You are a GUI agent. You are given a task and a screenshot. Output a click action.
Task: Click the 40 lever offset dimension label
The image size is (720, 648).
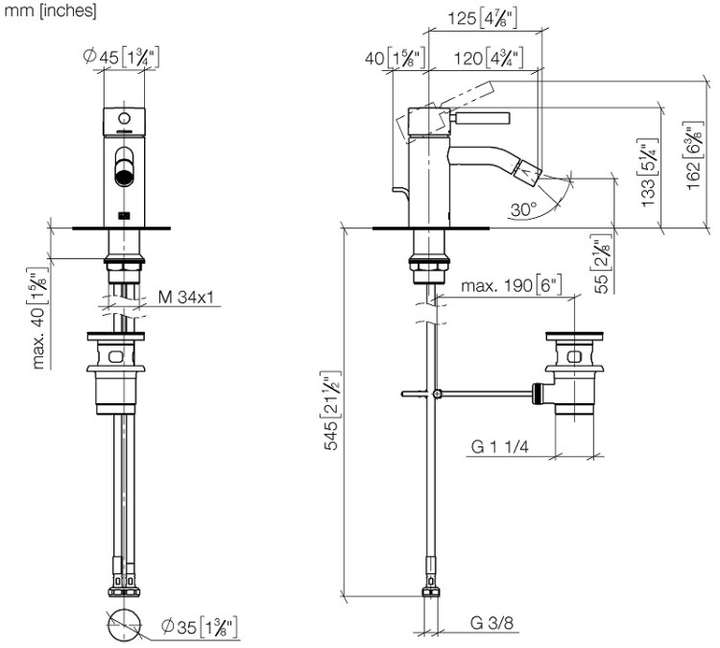[389, 58]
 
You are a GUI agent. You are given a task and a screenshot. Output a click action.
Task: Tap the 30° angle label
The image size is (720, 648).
[522, 207]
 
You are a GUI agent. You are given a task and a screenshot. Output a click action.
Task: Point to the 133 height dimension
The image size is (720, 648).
[649, 178]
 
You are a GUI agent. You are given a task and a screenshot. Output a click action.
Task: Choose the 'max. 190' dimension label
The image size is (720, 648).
[510, 287]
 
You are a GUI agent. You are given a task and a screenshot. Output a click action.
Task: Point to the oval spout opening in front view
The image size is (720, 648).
[123, 167]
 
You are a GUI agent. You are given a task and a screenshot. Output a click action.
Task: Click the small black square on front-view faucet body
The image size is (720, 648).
[122, 214]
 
